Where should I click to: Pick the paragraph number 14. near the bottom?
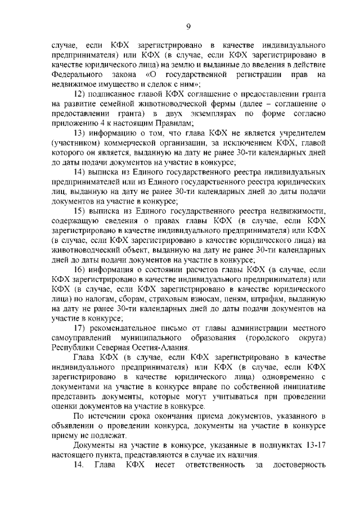[x=81, y=466]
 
